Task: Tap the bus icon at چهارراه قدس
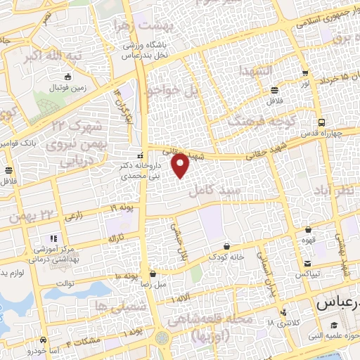(x=321, y=122)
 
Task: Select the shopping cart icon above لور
(x=304, y=73)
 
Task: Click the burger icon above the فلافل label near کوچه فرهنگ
(x=274, y=90)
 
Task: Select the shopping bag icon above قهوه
(x=309, y=229)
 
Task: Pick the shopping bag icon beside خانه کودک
(x=226, y=246)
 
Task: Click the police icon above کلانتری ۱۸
(x=283, y=312)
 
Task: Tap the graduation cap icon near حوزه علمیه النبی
(x=335, y=326)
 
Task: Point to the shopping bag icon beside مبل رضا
(x=153, y=274)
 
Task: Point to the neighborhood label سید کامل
(x=220, y=191)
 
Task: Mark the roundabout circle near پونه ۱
(x=162, y=337)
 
